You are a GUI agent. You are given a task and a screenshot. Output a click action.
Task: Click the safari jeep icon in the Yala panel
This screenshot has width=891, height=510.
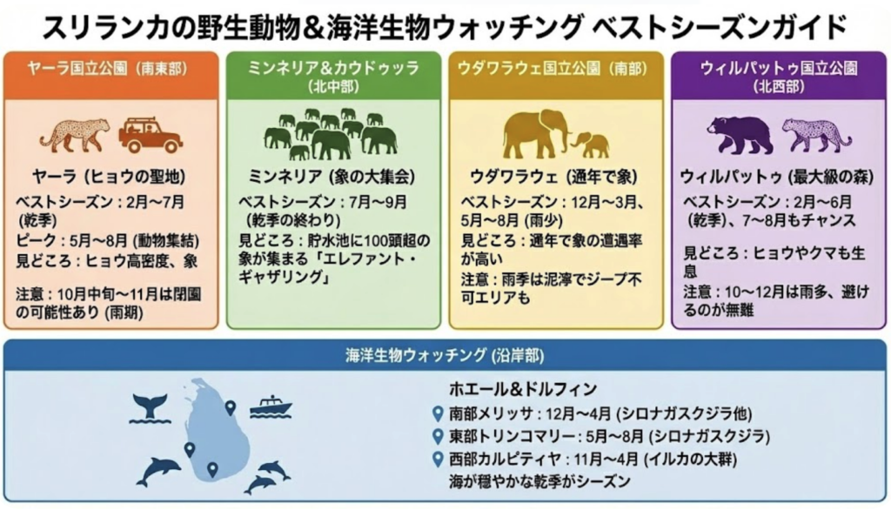[x=151, y=134]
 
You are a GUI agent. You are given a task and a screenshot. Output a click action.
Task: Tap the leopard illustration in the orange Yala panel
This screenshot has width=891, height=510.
[x=76, y=134]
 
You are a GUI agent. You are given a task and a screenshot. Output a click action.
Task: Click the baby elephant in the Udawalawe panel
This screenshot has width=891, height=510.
[x=592, y=144]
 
